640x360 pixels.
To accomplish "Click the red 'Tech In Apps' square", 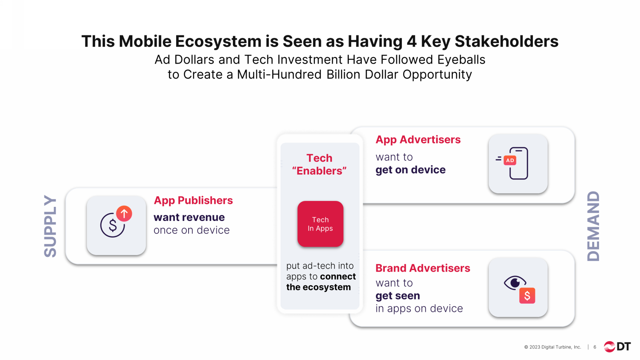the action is tap(320, 224).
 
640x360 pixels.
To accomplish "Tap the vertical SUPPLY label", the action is tap(50, 226).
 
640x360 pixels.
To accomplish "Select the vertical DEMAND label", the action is tap(593, 226).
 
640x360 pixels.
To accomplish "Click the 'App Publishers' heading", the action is tap(193, 200).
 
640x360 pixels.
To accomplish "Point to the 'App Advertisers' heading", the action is tap(418, 139).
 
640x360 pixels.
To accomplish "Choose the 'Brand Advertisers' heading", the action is tap(422, 268).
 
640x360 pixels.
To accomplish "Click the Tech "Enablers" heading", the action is tap(320, 164).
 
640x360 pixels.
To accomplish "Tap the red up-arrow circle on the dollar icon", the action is tap(124, 213).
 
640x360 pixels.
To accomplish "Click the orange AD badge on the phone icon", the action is tap(510, 160).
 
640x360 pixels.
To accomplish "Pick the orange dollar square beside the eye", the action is tap(527, 296).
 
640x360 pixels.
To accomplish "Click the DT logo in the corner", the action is tap(617, 347).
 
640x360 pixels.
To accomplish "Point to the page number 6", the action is tap(595, 347).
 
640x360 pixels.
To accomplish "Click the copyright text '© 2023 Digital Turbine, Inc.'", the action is tap(553, 347).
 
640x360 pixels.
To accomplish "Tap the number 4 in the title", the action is tap(411, 41).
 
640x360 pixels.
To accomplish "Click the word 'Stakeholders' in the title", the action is tap(506, 41).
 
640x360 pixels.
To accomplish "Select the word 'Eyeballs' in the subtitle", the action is tap(461, 60).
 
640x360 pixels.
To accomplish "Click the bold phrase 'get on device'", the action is tap(410, 170).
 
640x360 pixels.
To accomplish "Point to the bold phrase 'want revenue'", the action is tap(189, 217).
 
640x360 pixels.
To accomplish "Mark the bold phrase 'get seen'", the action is tap(398, 296).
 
